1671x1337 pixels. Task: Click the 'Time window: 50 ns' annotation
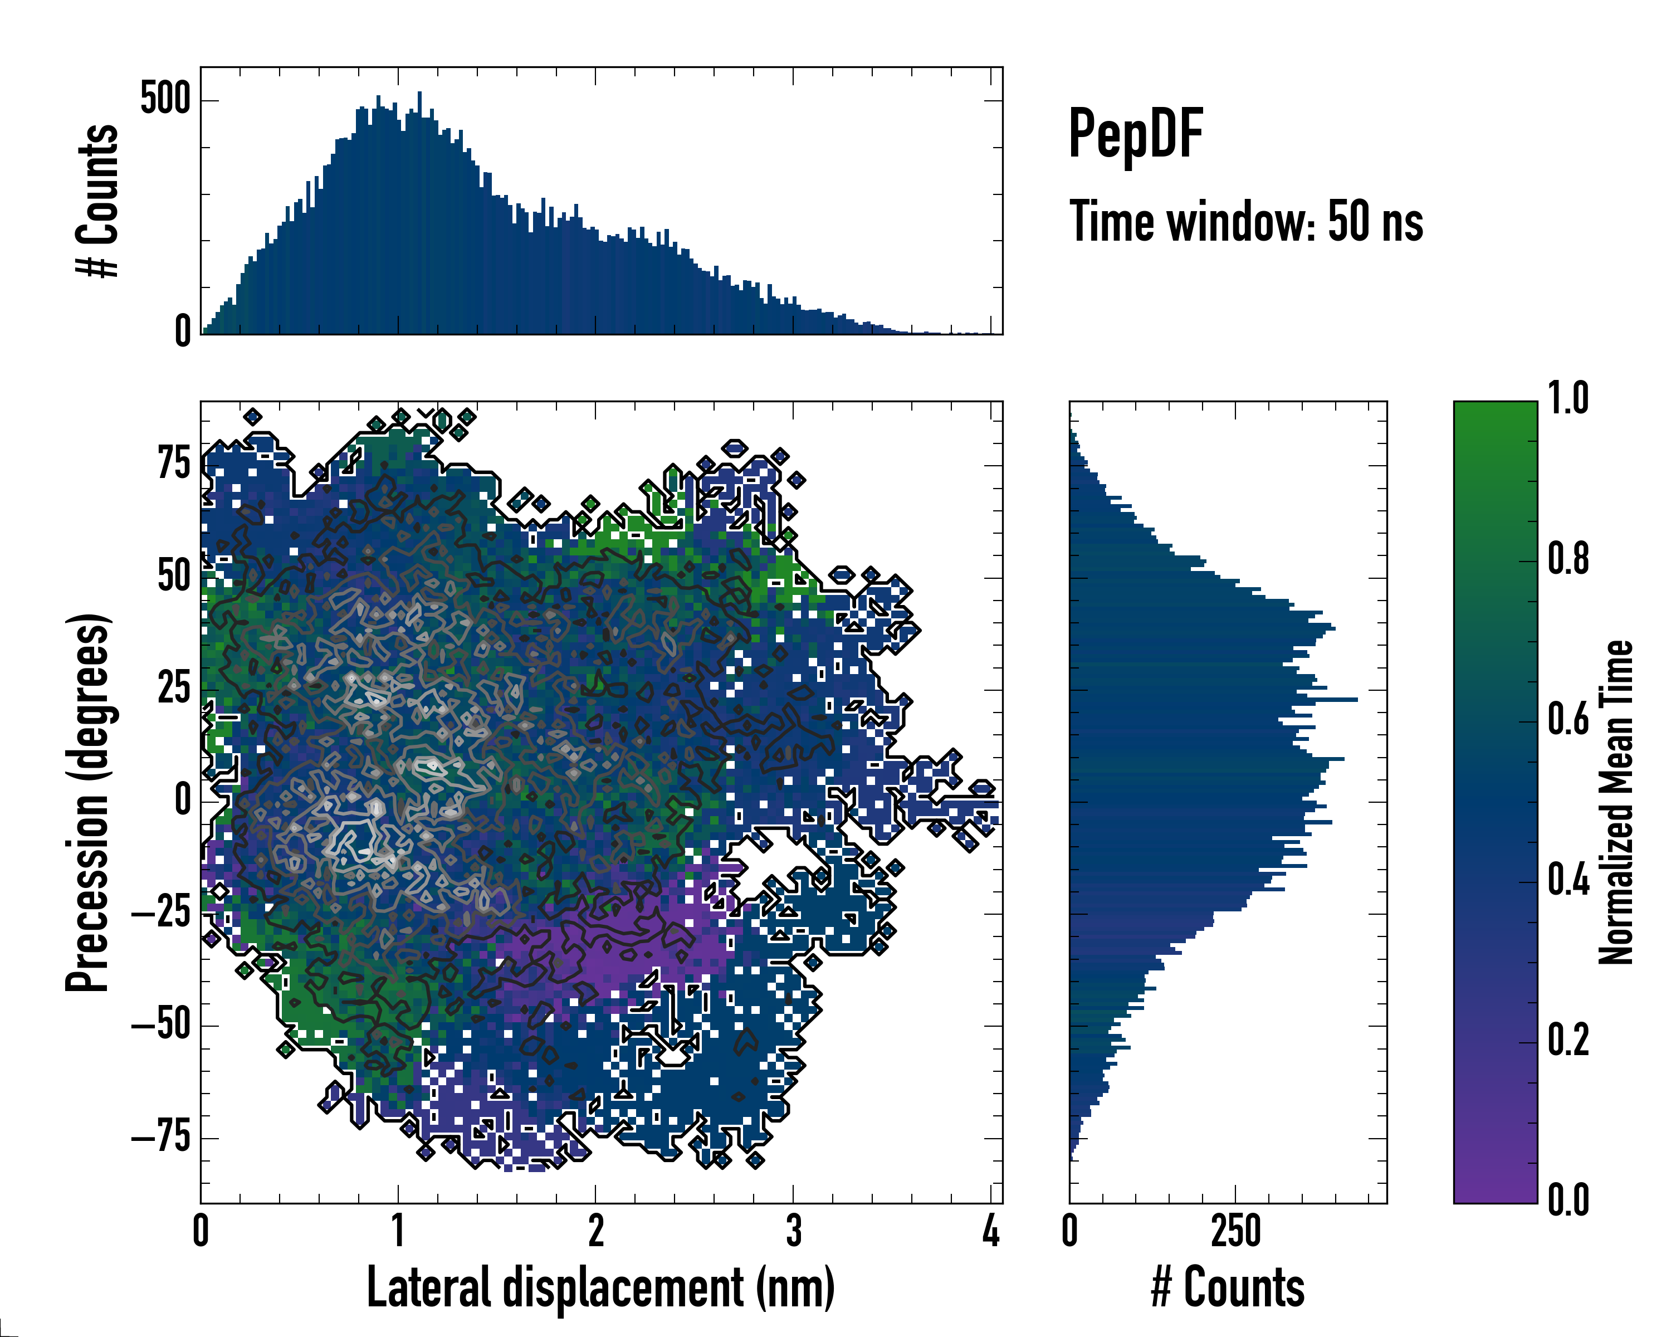point(1245,222)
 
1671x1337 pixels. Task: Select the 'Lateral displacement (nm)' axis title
point(600,1287)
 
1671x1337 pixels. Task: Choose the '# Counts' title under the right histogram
point(1228,1287)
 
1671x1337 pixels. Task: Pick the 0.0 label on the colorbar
point(1568,1200)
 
